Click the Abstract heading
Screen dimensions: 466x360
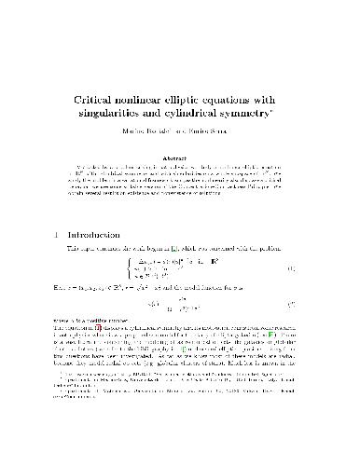point(179,159)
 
